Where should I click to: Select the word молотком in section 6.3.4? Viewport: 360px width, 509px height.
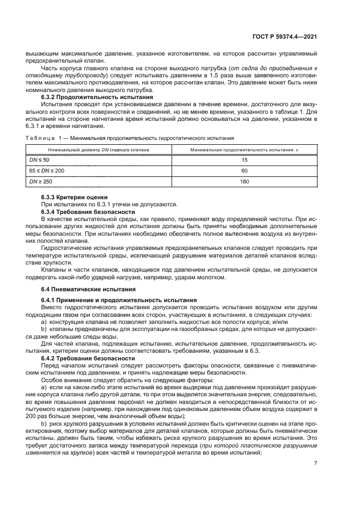point(210,278)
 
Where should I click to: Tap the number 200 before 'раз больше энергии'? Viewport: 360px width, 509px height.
point(48,416)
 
